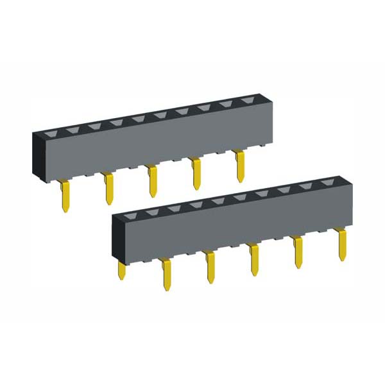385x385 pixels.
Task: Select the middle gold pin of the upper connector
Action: pyautogui.click(x=153, y=181)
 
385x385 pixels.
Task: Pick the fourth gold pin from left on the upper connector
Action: pyautogui.click(x=196, y=174)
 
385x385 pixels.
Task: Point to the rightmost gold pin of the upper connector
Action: pyautogui.click(x=240, y=166)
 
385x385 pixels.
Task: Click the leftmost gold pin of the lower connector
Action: pyautogui.click(x=121, y=269)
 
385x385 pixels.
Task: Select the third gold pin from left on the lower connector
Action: pyautogui.click(x=210, y=267)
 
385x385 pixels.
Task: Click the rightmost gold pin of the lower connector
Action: pyautogui.click(x=343, y=244)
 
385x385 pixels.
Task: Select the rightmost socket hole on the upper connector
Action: pyautogui.click(x=247, y=101)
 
